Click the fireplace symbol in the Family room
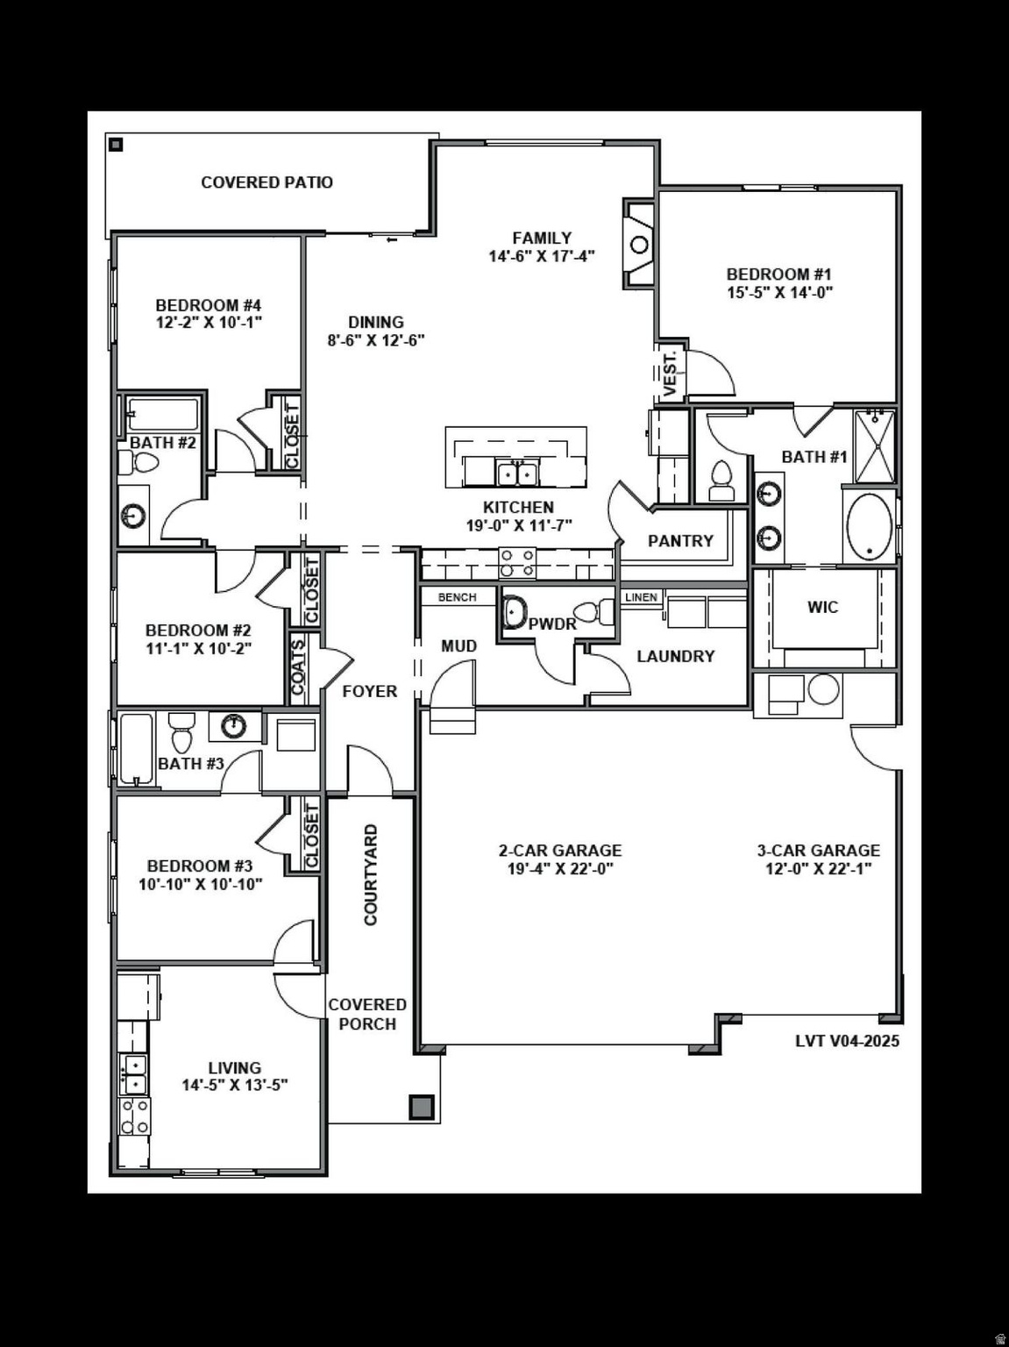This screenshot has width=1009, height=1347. [x=639, y=244]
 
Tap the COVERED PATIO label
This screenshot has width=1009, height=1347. [x=266, y=182]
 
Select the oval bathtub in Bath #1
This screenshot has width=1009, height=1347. [x=869, y=527]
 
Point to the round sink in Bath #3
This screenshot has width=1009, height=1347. [x=233, y=725]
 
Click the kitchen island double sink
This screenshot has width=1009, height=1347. [x=517, y=474]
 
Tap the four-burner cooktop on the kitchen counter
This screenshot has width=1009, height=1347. [x=517, y=562]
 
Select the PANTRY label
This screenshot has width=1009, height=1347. [x=680, y=541]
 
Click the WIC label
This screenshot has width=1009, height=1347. [x=822, y=607]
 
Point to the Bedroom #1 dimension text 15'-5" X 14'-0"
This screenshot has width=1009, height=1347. [x=779, y=293]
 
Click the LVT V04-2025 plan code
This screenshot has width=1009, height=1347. [x=847, y=1041]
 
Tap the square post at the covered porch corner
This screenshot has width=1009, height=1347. [x=422, y=1107]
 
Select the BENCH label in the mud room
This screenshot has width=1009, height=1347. [x=457, y=597]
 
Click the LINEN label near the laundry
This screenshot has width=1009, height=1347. [x=641, y=597]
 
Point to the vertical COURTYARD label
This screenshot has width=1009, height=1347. [x=371, y=874]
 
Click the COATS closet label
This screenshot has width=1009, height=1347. [x=298, y=667]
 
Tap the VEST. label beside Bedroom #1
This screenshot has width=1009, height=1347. [x=670, y=374]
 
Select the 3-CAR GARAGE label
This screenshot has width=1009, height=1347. [x=818, y=850]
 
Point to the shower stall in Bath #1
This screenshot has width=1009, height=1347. [x=874, y=445]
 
